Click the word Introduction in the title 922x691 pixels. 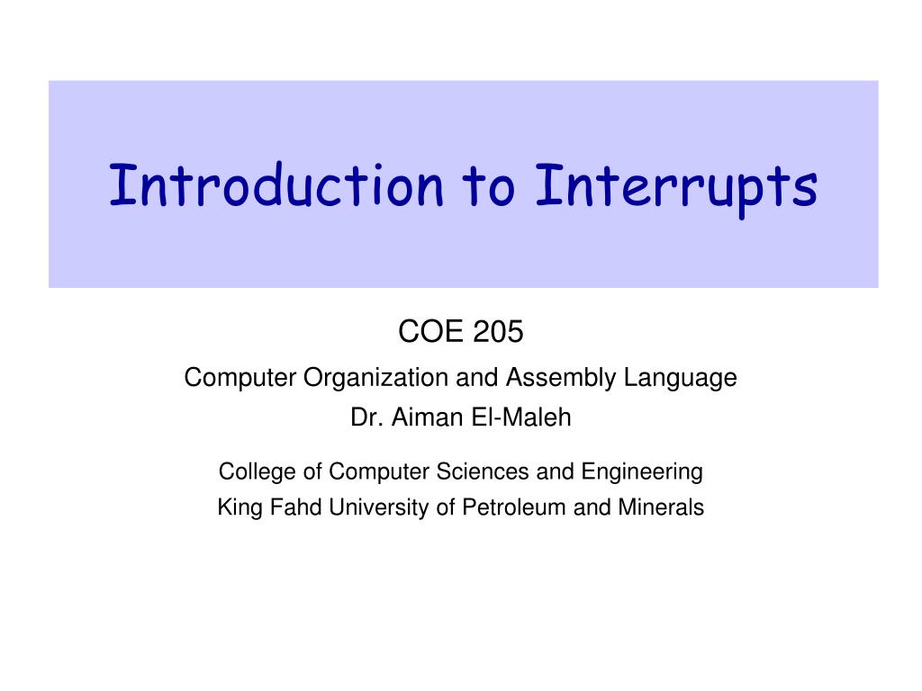(x=276, y=185)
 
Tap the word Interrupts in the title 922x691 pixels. (x=676, y=189)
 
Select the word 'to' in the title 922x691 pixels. (x=489, y=185)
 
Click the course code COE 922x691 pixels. (x=430, y=331)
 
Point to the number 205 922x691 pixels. (x=497, y=331)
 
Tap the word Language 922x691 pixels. (x=680, y=378)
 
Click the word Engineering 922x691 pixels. (x=642, y=472)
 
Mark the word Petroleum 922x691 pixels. (x=513, y=507)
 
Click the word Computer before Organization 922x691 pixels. (x=240, y=378)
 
